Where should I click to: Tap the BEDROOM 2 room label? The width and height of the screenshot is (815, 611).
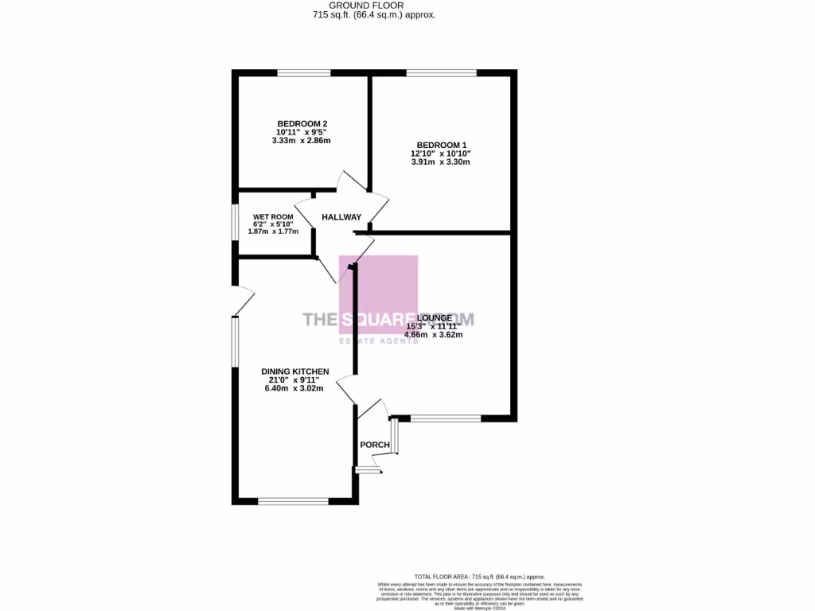(x=301, y=123)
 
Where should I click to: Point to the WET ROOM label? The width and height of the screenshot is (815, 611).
(x=273, y=217)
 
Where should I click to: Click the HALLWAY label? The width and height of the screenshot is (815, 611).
(x=341, y=217)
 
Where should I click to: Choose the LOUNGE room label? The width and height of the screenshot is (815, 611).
(x=434, y=317)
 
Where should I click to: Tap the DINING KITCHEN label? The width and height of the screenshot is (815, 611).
(x=295, y=371)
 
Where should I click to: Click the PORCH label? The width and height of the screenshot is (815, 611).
(x=375, y=445)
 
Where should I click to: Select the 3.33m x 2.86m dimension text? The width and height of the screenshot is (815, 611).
(x=301, y=141)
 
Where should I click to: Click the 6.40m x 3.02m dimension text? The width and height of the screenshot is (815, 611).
(x=295, y=389)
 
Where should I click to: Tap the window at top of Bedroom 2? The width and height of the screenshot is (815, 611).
(x=303, y=73)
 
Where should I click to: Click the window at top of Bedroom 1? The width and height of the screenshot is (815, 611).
(x=441, y=73)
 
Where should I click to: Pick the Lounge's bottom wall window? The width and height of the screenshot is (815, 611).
(x=446, y=418)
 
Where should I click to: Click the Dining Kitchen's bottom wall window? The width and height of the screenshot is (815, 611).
(x=293, y=500)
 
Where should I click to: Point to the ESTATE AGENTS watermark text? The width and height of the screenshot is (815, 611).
(x=378, y=341)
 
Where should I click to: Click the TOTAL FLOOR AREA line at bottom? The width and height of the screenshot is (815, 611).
(x=479, y=576)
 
